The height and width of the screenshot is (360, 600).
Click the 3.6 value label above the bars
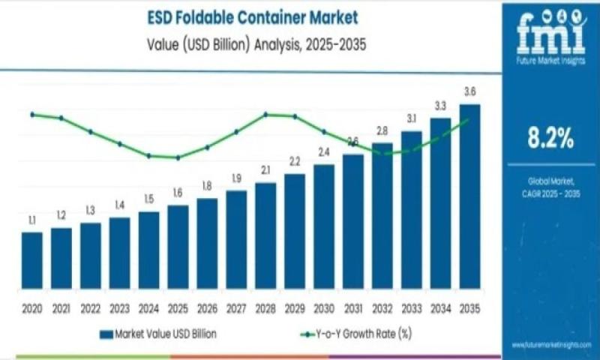tap(470, 91)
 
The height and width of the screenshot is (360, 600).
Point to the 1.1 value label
tap(32, 220)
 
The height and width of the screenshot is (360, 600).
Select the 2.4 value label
tap(324, 152)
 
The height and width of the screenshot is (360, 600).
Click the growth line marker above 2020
tap(32, 115)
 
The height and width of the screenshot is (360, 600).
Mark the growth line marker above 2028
tap(265, 115)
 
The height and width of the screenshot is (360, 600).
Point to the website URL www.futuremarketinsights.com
tap(551, 345)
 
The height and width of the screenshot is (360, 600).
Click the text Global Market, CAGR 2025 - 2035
tap(550, 187)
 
